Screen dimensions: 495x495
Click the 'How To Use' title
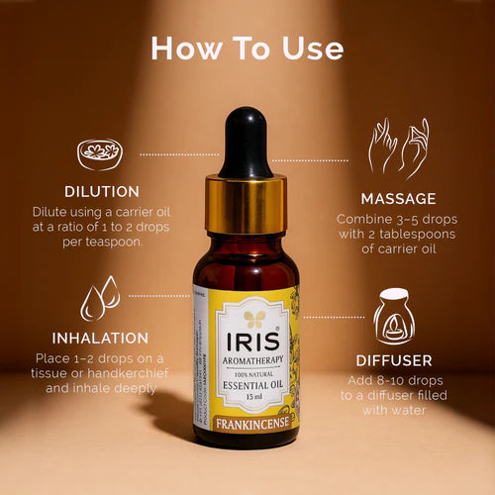pyautogui.click(x=247, y=49)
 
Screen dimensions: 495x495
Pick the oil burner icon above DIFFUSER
pyautogui.click(x=393, y=316)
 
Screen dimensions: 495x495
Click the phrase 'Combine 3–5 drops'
pyautogui.click(x=394, y=218)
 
